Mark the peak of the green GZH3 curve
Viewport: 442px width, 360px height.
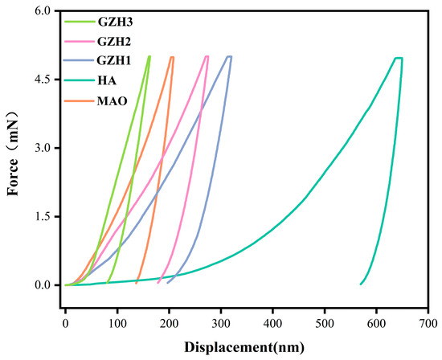(x=149, y=56)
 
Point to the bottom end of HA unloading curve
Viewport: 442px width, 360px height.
(x=361, y=284)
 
